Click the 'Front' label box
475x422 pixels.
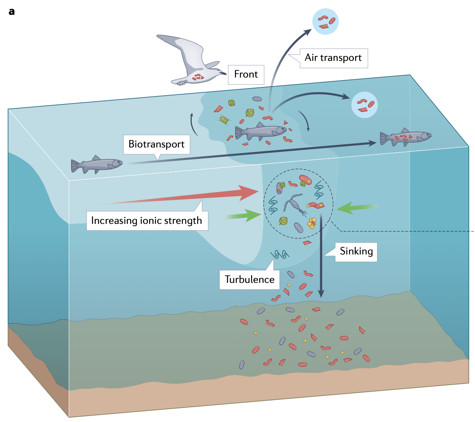246,74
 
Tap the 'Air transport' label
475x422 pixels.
333,58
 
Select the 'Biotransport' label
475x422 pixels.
157,144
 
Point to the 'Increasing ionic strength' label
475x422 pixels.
147,221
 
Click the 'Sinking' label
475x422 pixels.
356,251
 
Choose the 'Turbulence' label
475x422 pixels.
250,280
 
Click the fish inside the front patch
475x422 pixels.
261,131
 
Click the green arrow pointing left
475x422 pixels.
355,207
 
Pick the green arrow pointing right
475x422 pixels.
244,216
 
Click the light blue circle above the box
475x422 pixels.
325,22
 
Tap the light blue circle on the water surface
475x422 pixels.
365,105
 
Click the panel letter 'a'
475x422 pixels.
12,12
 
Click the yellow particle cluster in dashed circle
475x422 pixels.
312,223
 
